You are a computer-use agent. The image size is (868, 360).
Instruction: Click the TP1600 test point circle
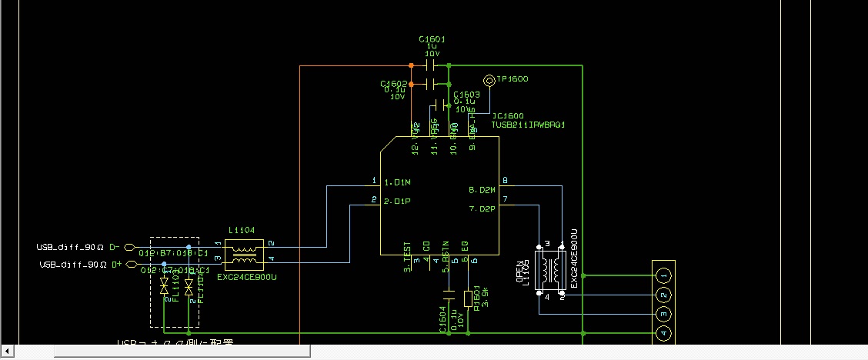(489, 80)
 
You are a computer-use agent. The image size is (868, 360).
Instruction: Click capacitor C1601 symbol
(432, 66)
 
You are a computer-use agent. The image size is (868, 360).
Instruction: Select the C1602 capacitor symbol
(432, 84)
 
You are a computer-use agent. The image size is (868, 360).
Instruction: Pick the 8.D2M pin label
(482, 188)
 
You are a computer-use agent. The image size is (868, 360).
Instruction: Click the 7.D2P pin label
(482, 208)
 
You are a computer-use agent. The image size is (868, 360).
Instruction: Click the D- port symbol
(129, 248)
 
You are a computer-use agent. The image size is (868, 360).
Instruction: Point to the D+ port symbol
(129, 265)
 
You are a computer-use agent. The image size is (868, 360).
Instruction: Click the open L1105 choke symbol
(551, 269)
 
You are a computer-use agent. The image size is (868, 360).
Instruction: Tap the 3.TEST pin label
(407, 258)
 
